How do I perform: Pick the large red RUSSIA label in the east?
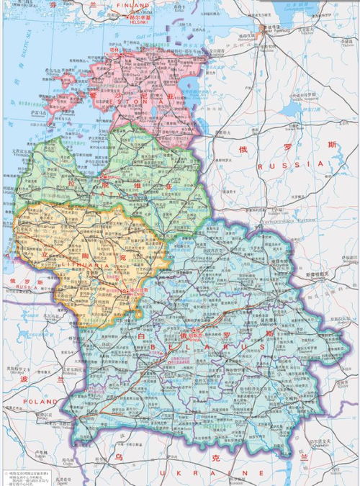coord(295,164)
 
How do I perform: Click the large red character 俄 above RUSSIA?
coord(243,150)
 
